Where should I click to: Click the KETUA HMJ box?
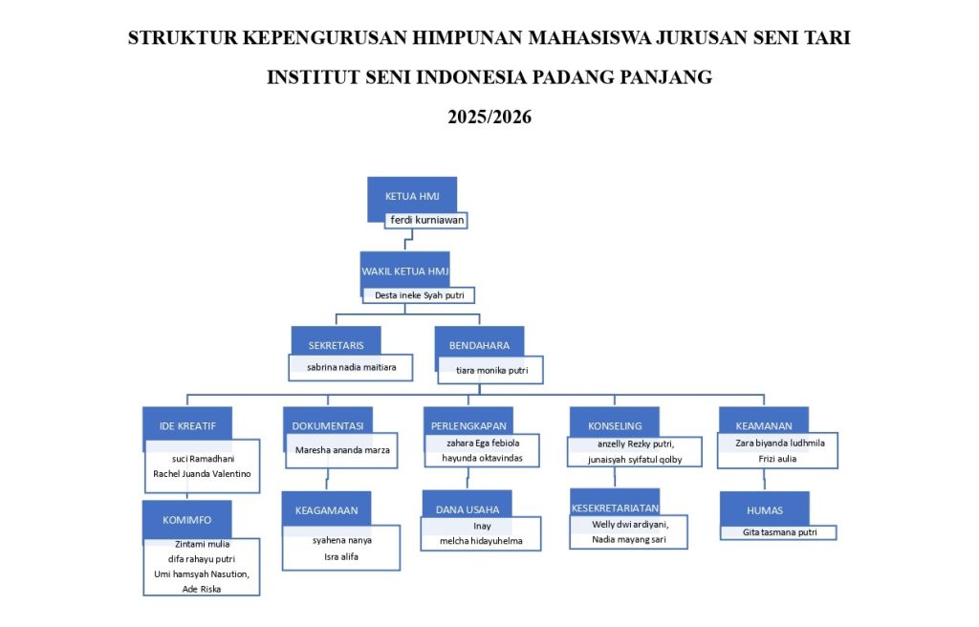pos(412,196)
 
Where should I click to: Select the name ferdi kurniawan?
pos(427,220)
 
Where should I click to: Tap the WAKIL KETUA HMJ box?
pos(404,271)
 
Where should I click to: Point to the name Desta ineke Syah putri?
pos(420,295)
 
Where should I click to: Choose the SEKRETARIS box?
pos(336,345)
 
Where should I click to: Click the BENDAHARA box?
pos(480,345)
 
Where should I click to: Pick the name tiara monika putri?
pos(492,370)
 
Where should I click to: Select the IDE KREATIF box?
pos(187,426)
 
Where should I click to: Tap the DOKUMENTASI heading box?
pos(328,426)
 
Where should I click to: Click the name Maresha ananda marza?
pos(342,449)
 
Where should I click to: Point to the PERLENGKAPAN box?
pos(468,426)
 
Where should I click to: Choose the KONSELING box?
pos(615,426)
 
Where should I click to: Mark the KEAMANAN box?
pos(764,426)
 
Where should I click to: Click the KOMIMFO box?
pos(186,520)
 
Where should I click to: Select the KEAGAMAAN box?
pos(327,510)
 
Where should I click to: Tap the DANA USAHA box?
pos(468,509)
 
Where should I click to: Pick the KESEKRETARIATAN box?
pos(615,508)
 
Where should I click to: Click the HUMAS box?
pos(765,510)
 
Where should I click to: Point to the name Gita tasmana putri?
pos(780,532)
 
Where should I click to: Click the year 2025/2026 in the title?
pos(489,117)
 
